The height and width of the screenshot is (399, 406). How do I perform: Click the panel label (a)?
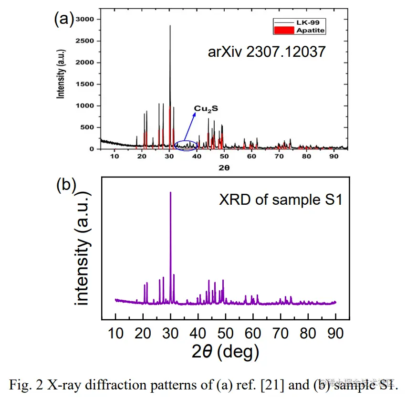pyautogui.click(x=63, y=19)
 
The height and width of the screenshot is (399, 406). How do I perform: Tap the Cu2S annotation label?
pyautogui.click(x=206, y=109)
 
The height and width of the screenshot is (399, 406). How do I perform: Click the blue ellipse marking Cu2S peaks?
pyautogui.click(x=186, y=145)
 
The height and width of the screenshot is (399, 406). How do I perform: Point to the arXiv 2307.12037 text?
pyautogui.click(x=267, y=51)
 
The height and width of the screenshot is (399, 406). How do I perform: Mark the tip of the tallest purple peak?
pyautogui.click(x=170, y=192)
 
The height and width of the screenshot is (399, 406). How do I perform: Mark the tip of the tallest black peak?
pyautogui.click(x=170, y=26)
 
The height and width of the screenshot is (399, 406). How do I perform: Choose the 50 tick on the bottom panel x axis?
pyautogui.click(x=225, y=333)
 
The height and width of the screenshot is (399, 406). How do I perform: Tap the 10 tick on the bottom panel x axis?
pyautogui.click(x=115, y=333)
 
